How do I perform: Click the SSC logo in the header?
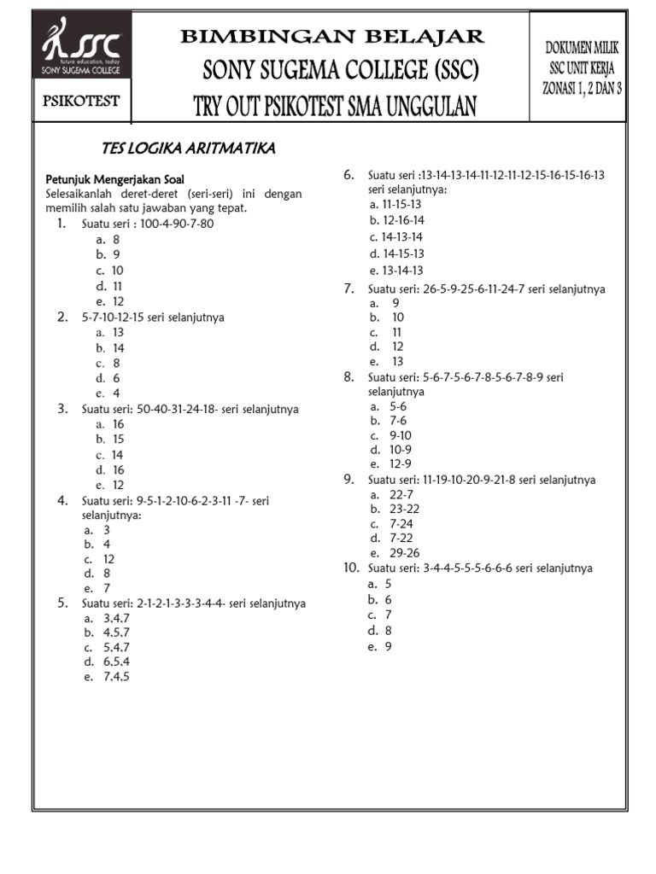pos(82,51)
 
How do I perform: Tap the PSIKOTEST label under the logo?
pos(82,102)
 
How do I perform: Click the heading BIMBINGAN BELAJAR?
pos(332,36)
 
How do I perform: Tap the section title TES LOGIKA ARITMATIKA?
pos(188,149)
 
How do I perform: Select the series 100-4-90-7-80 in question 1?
pos(177,224)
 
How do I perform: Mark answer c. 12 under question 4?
pos(99,559)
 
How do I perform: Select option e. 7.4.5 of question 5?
pos(108,677)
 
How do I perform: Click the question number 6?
pos(348,175)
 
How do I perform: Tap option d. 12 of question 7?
pos(387,347)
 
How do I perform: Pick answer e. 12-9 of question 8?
pos(390,463)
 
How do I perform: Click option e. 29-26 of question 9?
pos(394,552)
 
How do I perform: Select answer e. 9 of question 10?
pos(380,646)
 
